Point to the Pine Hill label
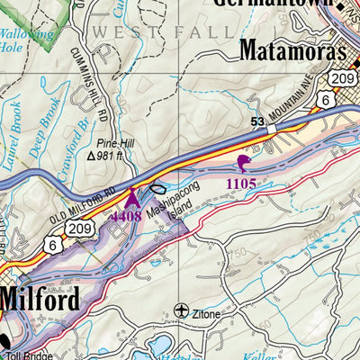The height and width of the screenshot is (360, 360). pos(118,141)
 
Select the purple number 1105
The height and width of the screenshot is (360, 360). pos(241,184)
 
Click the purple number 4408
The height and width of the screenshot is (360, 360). pos(127,216)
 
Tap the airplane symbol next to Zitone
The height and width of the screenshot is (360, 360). pos(184,310)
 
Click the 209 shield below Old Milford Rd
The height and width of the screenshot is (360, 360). pos(80,230)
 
